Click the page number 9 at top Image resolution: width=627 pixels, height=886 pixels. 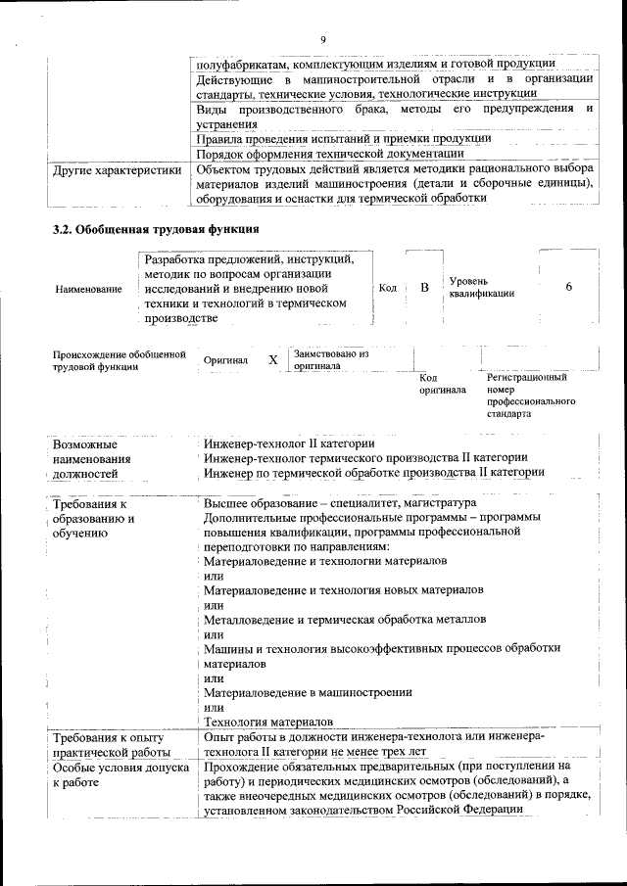(321, 39)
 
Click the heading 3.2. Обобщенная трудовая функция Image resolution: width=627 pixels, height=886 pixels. (156, 231)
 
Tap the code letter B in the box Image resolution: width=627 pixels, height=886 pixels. (424, 288)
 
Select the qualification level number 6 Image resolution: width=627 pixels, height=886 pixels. (568, 287)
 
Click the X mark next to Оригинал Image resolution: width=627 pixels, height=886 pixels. (273, 359)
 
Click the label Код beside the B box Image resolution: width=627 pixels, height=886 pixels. (387, 288)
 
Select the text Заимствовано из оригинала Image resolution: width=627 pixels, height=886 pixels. (330, 359)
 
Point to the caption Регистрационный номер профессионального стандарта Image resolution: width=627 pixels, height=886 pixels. (530, 395)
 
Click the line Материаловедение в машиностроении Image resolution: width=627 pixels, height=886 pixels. (307, 692)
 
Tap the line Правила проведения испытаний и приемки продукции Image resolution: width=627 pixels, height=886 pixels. (343, 138)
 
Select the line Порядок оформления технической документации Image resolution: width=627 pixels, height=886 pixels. (329, 154)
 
